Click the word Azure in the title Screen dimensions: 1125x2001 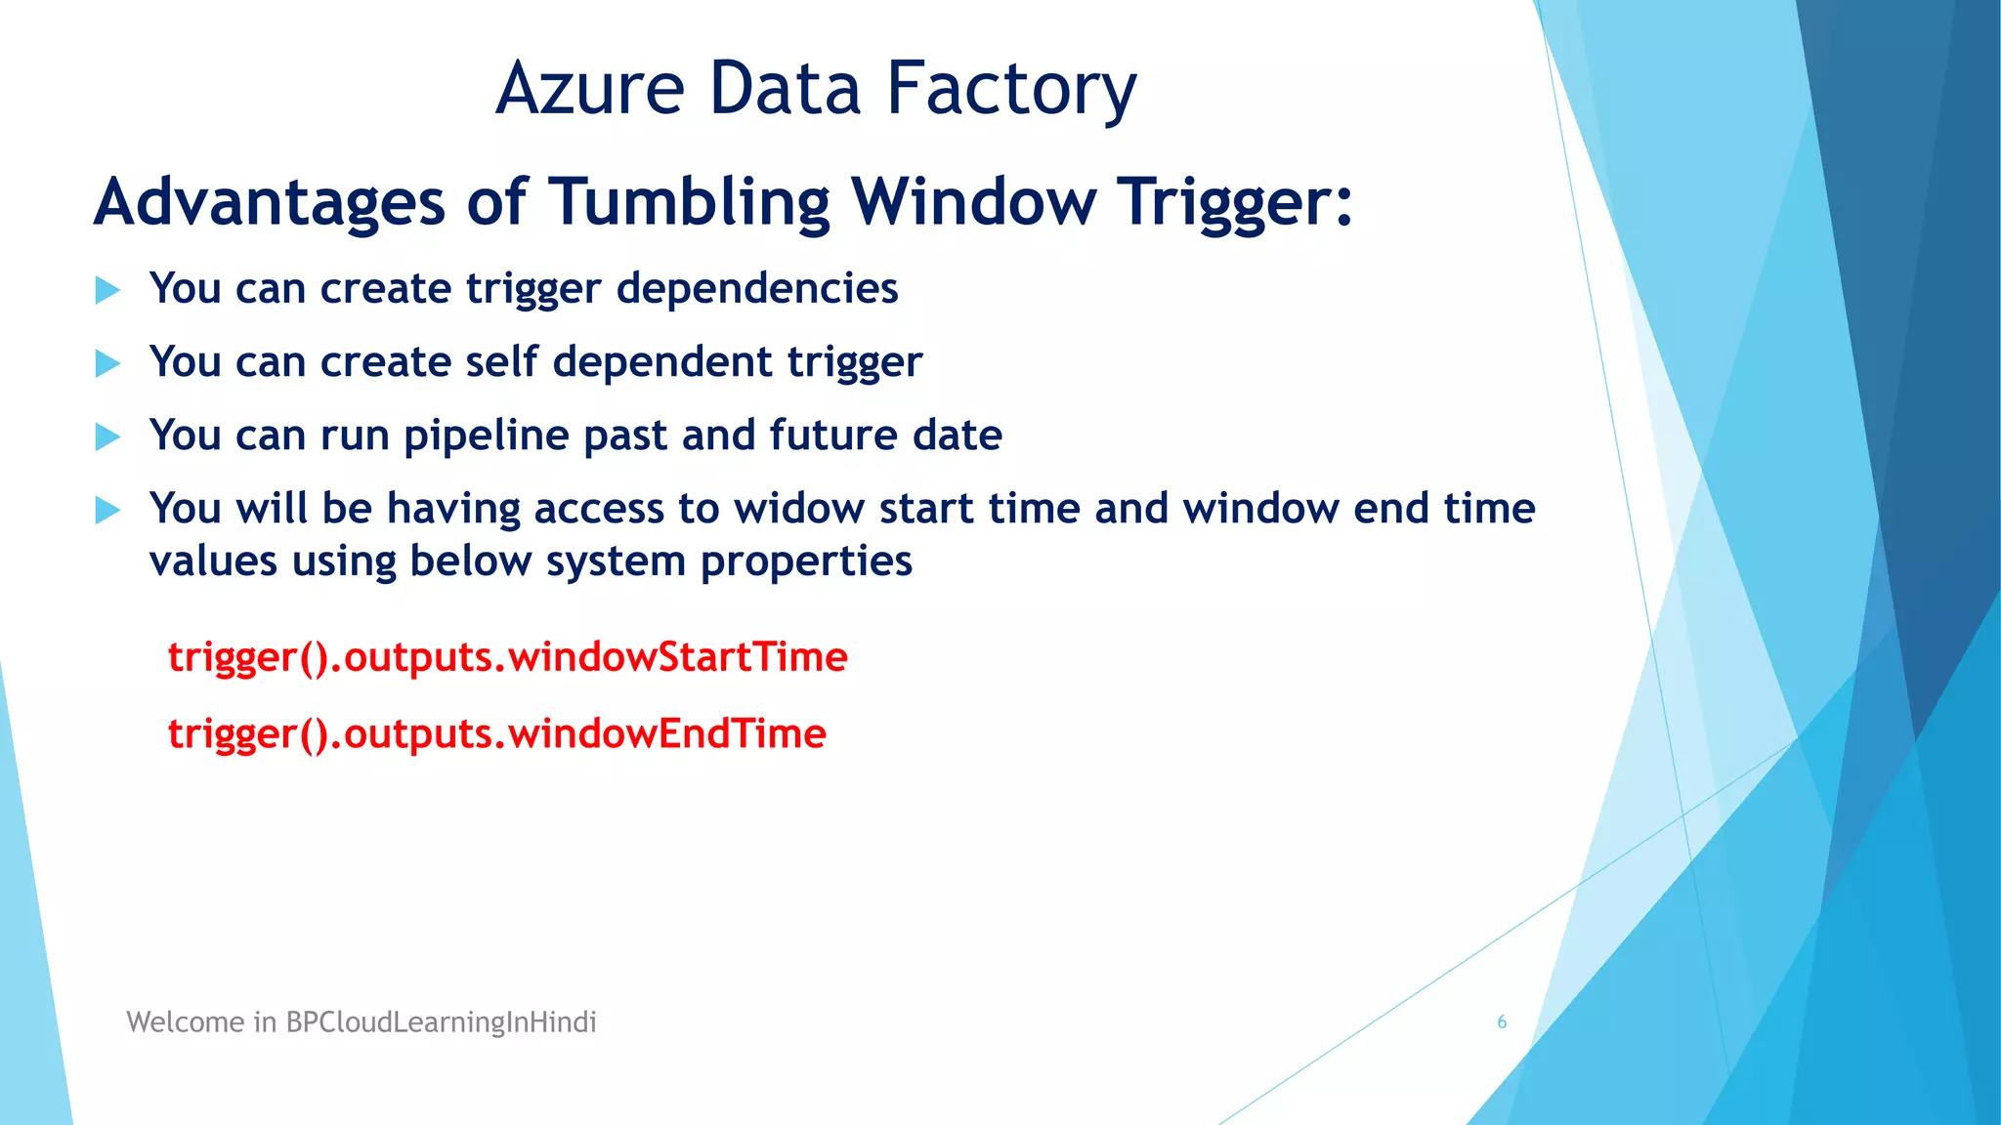coord(590,89)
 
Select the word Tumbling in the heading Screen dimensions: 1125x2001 coord(689,202)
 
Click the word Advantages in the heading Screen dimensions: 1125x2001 coord(270,202)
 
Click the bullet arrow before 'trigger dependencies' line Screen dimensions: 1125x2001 coord(107,290)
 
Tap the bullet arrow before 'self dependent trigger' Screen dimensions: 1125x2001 coord(107,364)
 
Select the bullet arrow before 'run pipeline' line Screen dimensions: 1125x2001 coord(107,437)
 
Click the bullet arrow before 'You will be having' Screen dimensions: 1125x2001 coord(107,510)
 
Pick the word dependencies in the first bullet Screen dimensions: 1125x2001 coord(756,288)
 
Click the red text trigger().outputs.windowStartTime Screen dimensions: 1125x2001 coord(507,656)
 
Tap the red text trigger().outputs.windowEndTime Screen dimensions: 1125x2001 coord(496,733)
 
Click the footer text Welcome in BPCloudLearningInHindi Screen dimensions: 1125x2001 coord(361,1022)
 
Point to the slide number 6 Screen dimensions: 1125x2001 coord(1502,1022)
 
